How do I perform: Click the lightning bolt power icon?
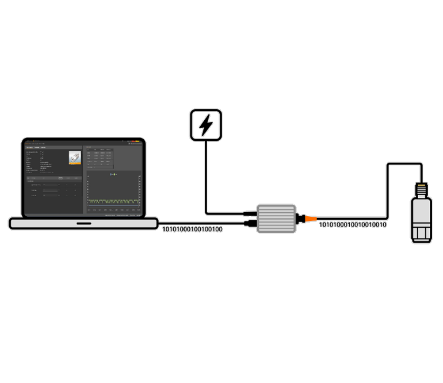pos(206,125)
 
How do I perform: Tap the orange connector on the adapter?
pos(310,219)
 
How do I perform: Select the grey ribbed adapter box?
pos(276,219)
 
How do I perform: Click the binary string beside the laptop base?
pos(192,229)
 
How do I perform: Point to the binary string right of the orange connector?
pos(353,225)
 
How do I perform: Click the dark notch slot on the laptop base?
pos(83,223)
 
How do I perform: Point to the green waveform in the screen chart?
pos(113,201)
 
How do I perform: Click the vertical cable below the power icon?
pos(206,173)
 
